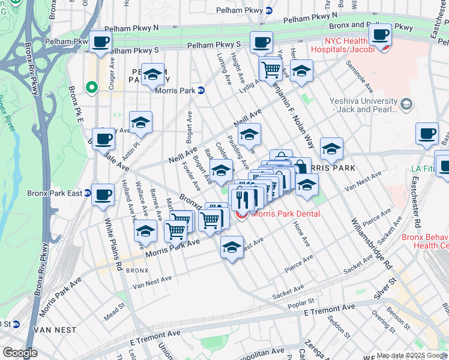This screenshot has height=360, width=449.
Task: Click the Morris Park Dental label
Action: click(285, 214)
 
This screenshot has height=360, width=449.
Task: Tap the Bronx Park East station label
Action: click(55, 193)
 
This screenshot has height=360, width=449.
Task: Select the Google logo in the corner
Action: click(20, 353)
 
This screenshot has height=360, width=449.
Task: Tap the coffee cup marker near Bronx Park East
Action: click(104, 196)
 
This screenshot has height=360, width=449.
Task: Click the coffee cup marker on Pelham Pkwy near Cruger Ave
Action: click(101, 43)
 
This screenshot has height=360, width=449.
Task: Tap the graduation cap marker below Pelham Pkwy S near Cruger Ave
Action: click(153, 74)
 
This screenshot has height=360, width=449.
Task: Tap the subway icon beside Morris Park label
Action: click(201, 91)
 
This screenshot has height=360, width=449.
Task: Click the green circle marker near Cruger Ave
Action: click(92, 88)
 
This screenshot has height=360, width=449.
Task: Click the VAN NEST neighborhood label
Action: click(55, 330)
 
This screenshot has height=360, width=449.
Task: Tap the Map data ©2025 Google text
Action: click(412, 355)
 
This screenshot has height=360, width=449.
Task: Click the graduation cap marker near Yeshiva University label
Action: click(406, 106)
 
